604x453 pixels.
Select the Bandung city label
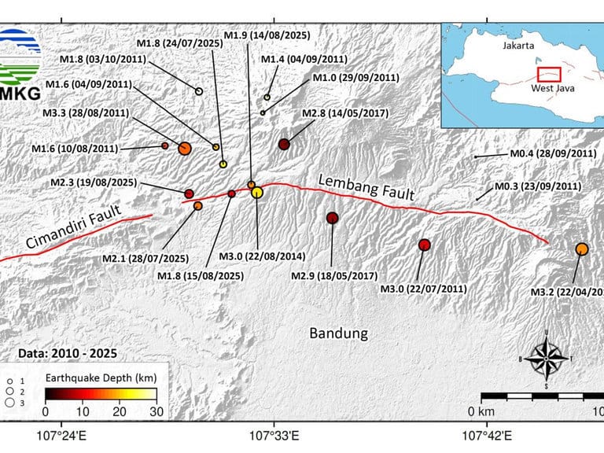click(338, 333)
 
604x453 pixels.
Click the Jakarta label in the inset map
click(518, 46)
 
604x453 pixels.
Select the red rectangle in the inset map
click(548, 74)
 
